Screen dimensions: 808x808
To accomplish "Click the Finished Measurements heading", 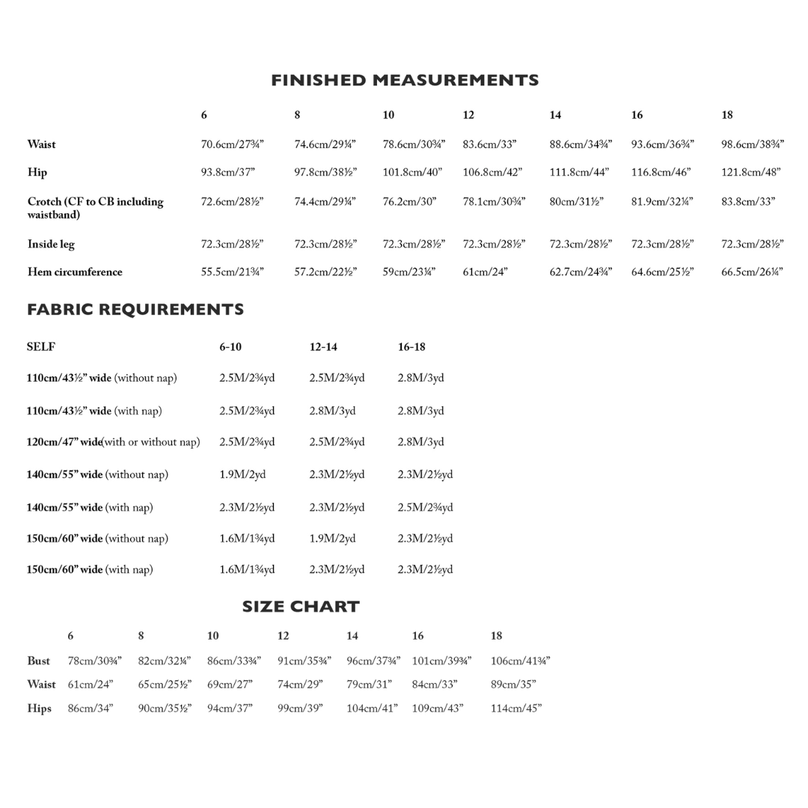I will pyautogui.click(x=405, y=80).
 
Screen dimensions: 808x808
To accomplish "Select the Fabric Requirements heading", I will pyautogui.click(x=135, y=310).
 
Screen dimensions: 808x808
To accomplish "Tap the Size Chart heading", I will pyautogui.click(x=301, y=607).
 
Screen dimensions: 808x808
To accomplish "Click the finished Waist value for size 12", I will pyautogui.click(x=489, y=144).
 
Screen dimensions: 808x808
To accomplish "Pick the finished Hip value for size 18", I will pyautogui.click(x=751, y=172).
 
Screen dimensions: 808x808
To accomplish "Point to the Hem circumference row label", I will pyautogui.click(x=75, y=272).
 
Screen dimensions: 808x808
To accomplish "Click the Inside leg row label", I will pyautogui.click(x=51, y=245).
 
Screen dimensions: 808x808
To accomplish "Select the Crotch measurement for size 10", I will pyautogui.click(x=408, y=202).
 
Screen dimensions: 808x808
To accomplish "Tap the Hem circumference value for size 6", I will pyautogui.click(x=232, y=272).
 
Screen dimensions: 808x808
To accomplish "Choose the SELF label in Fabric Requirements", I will pyautogui.click(x=40, y=347).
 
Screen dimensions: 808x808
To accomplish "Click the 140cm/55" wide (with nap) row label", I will pyautogui.click(x=90, y=508).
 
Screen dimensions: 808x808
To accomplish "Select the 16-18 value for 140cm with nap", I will pyautogui.click(x=425, y=508).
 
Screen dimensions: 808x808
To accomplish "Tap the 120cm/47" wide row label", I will pyautogui.click(x=113, y=442).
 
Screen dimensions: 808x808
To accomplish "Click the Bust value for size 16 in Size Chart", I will pyautogui.click(x=441, y=661).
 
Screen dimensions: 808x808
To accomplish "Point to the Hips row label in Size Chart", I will pyautogui.click(x=39, y=708).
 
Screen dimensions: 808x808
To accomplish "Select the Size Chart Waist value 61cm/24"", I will pyautogui.click(x=91, y=685).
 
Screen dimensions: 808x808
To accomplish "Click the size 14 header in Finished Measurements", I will pyautogui.click(x=555, y=115).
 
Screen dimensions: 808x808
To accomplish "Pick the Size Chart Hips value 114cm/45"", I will pyautogui.click(x=516, y=708).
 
